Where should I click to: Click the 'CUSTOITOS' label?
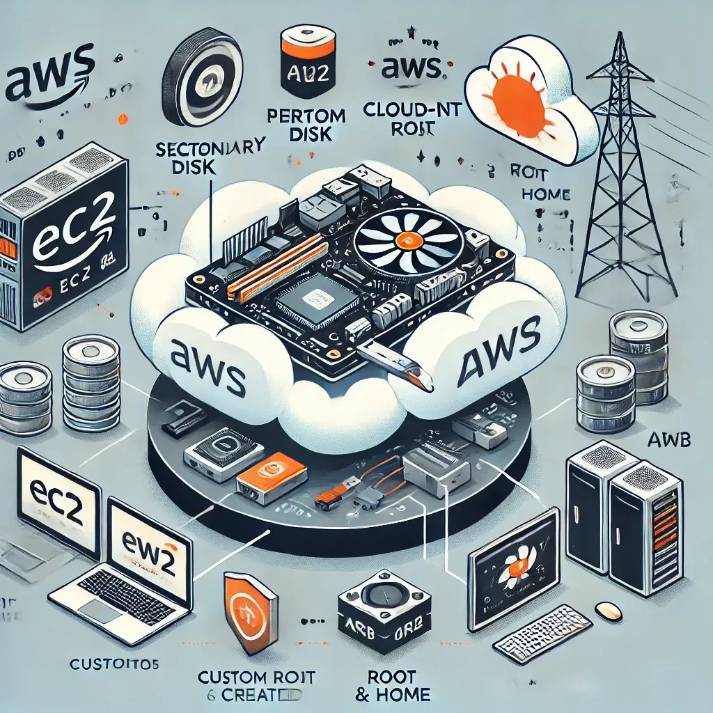point(115,664)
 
